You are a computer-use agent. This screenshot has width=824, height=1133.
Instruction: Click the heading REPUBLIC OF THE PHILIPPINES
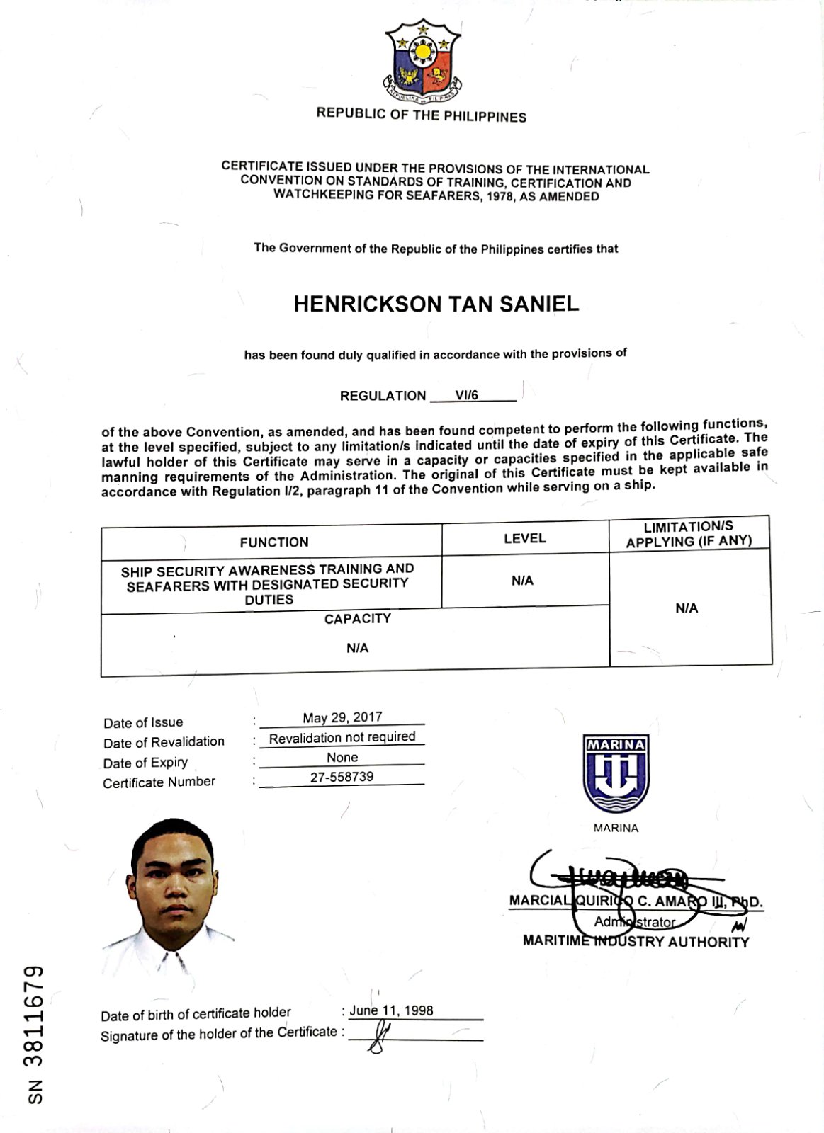(422, 115)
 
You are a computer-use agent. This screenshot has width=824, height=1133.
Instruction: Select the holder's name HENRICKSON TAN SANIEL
(436, 304)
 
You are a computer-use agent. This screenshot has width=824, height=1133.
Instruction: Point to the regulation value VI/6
(467, 395)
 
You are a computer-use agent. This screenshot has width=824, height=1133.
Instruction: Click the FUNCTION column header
(273, 542)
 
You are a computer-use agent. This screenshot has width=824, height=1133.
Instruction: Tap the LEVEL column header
(524, 538)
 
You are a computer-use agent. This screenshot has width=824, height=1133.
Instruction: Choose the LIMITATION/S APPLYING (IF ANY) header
(688, 534)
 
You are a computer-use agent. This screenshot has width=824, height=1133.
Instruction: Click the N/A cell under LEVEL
(522, 581)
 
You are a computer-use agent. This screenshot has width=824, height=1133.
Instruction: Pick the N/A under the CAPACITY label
(357, 648)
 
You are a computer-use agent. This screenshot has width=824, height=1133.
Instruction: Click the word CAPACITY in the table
(357, 619)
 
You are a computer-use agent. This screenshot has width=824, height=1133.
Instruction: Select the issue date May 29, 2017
(342, 717)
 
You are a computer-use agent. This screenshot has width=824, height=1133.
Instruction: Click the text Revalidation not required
(342, 737)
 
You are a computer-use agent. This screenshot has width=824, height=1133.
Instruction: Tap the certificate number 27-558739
(342, 777)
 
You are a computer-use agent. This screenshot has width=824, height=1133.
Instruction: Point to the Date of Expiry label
(145, 763)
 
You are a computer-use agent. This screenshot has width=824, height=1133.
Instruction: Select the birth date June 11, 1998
(390, 1010)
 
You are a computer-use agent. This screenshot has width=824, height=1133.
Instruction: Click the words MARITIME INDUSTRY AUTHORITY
(635, 942)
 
